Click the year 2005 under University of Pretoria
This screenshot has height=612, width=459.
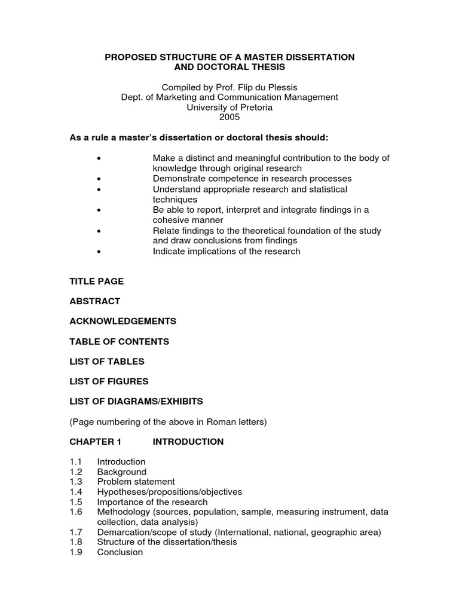point(229,118)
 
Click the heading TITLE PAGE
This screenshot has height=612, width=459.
point(97,281)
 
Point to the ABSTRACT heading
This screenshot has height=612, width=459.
point(95,301)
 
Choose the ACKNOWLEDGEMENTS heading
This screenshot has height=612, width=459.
point(123,321)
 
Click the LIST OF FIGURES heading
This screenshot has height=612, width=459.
point(109,381)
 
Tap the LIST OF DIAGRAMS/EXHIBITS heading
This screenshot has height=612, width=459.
point(136,400)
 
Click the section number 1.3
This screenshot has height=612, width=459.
point(76,482)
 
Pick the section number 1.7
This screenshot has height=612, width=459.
point(76,532)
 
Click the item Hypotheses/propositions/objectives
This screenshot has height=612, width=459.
point(170,492)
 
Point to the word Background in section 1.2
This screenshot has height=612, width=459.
point(122,472)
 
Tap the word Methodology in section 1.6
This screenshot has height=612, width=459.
point(124,512)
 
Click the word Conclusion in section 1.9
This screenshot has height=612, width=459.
point(120,552)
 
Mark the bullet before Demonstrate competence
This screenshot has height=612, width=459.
point(97,179)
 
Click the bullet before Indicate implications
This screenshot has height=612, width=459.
point(97,252)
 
